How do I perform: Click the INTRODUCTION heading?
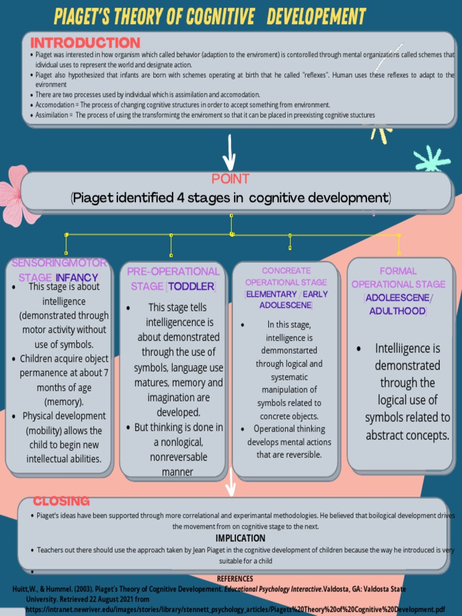85,43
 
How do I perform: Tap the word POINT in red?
230,179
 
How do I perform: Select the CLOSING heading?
61,500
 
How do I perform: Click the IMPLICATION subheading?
240,538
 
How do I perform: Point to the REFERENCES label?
235,579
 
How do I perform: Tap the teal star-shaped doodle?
431,159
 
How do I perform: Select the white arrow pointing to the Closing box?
230,481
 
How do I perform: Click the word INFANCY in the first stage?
76,277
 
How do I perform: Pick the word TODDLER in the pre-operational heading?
190,286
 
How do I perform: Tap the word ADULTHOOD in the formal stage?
397,311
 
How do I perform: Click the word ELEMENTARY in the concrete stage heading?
271,294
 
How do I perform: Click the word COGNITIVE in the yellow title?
220,16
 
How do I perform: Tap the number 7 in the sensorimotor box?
106,373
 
